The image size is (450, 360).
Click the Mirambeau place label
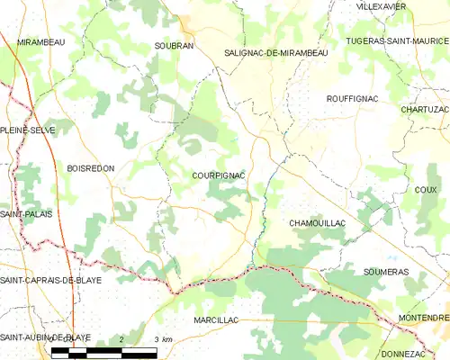43,42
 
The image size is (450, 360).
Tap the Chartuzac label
425,110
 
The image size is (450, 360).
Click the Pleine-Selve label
28,130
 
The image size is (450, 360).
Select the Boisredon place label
90,168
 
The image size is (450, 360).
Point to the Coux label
427,190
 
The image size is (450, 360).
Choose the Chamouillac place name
318,222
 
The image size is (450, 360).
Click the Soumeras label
389,271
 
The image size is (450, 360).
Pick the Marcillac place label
215,320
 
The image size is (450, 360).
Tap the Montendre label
424,319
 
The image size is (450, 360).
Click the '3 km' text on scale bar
162,339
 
